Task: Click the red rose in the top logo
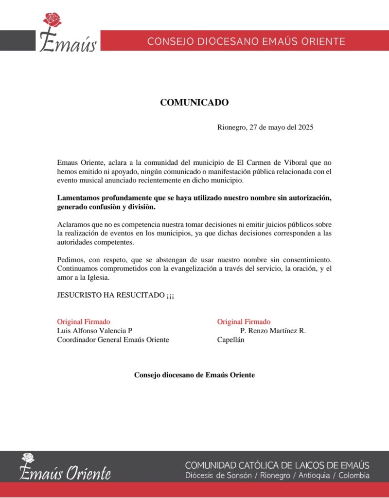click(x=53, y=20)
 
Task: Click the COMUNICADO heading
click(x=194, y=103)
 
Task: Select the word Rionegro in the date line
click(x=231, y=127)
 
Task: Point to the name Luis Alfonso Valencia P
click(x=95, y=331)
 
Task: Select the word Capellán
click(x=230, y=340)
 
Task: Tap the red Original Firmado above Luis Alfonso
click(x=84, y=321)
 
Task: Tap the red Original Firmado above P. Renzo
click(x=244, y=321)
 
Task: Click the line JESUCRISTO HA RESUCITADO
click(x=115, y=295)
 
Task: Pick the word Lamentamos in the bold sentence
click(x=78, y=198)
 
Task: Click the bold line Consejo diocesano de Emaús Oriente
click(x=194, y=375)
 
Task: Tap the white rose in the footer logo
click(x=28, y=458)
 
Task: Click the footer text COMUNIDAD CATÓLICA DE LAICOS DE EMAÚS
click(x=277, y=465)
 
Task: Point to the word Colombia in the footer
click(x=354, y=476)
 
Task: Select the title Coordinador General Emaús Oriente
click(x=113, y=340)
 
